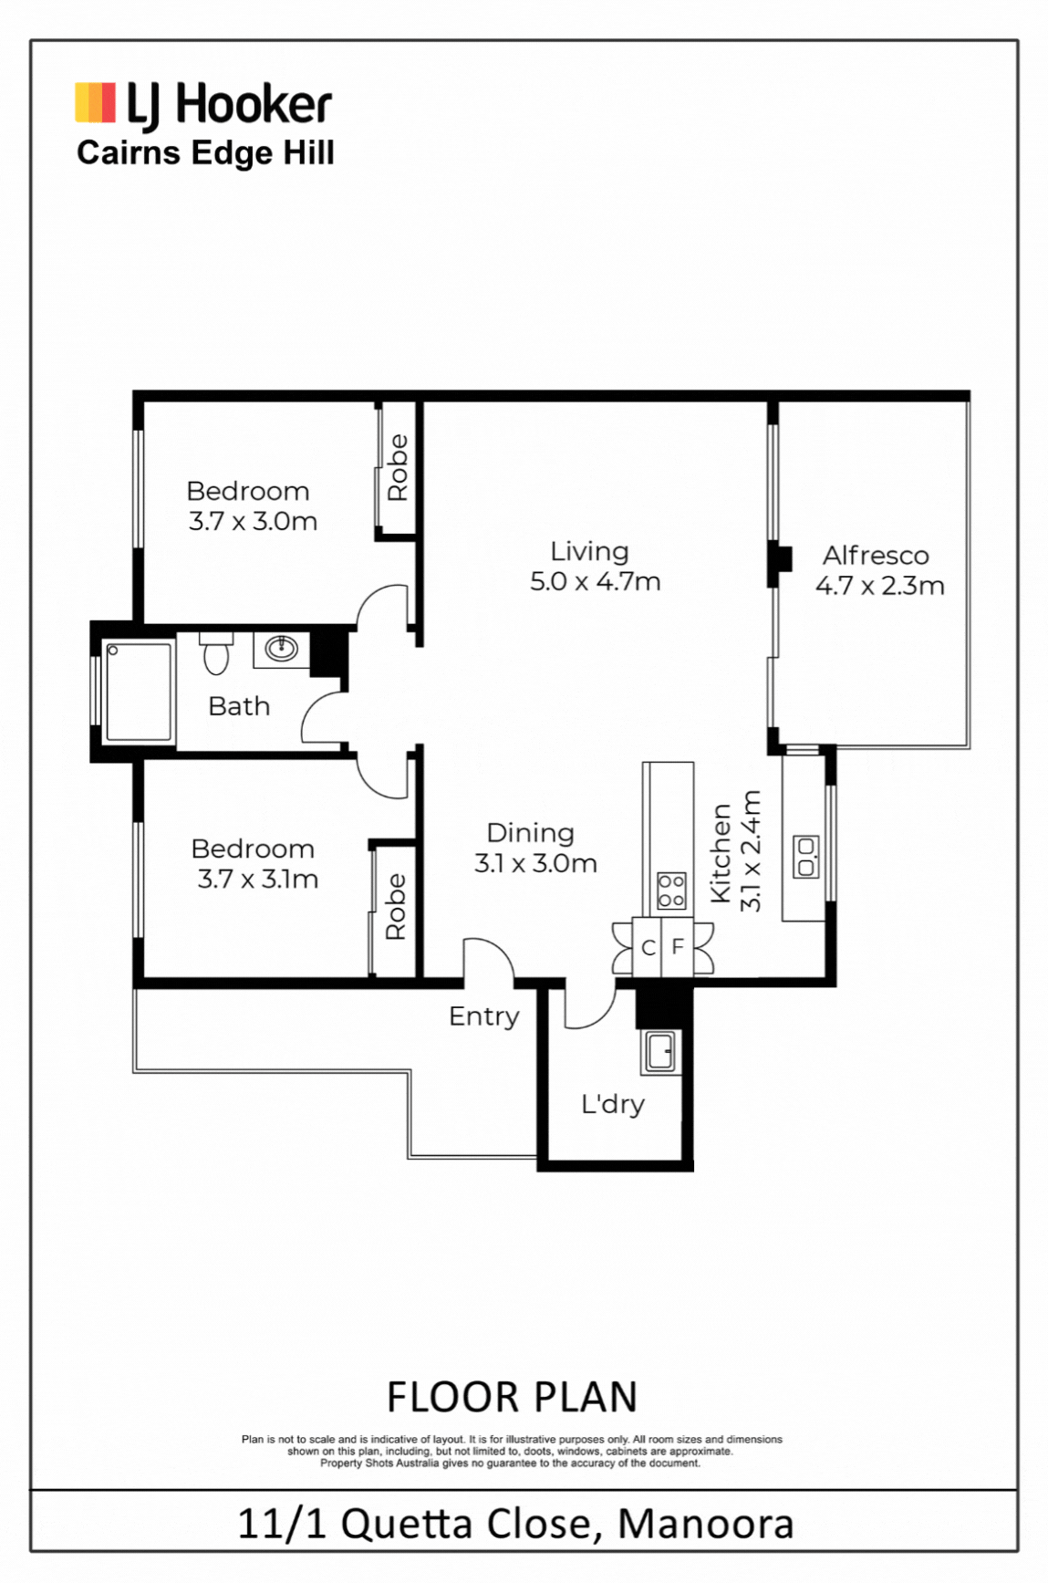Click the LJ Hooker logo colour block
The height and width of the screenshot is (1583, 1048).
(x=95, y=103)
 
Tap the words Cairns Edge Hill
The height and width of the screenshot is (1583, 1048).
(x=205, y=153)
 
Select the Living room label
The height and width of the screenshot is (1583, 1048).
(x=589, y=551)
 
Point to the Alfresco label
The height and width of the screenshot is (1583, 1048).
(x=876, y=555)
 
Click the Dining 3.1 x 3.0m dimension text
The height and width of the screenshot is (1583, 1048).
(x=535, y=863)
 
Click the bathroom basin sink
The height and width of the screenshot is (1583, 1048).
(x=281, y=649)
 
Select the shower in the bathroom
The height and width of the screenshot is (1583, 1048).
(x=139, y=691)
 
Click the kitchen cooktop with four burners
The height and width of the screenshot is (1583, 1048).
(x=672, y=890)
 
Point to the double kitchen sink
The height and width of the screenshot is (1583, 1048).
(x=806, y=857)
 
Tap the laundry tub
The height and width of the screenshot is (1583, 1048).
(x=659, y=1051)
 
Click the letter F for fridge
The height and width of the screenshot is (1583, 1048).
(x=678, y=947)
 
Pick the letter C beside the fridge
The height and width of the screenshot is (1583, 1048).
(x=648, y=948)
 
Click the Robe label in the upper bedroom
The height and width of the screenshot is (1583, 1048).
(x=398, y=467)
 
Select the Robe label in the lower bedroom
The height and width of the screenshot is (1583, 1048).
(x=395, y=907)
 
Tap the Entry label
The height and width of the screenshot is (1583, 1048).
(x=483, y=1016)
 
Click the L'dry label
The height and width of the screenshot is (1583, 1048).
(x=613, y=1104)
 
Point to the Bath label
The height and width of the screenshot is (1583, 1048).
(x=239, y=706)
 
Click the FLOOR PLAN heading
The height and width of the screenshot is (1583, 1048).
(x=513, y=1397)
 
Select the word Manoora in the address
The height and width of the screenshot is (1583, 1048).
(x=706, y=1524)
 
